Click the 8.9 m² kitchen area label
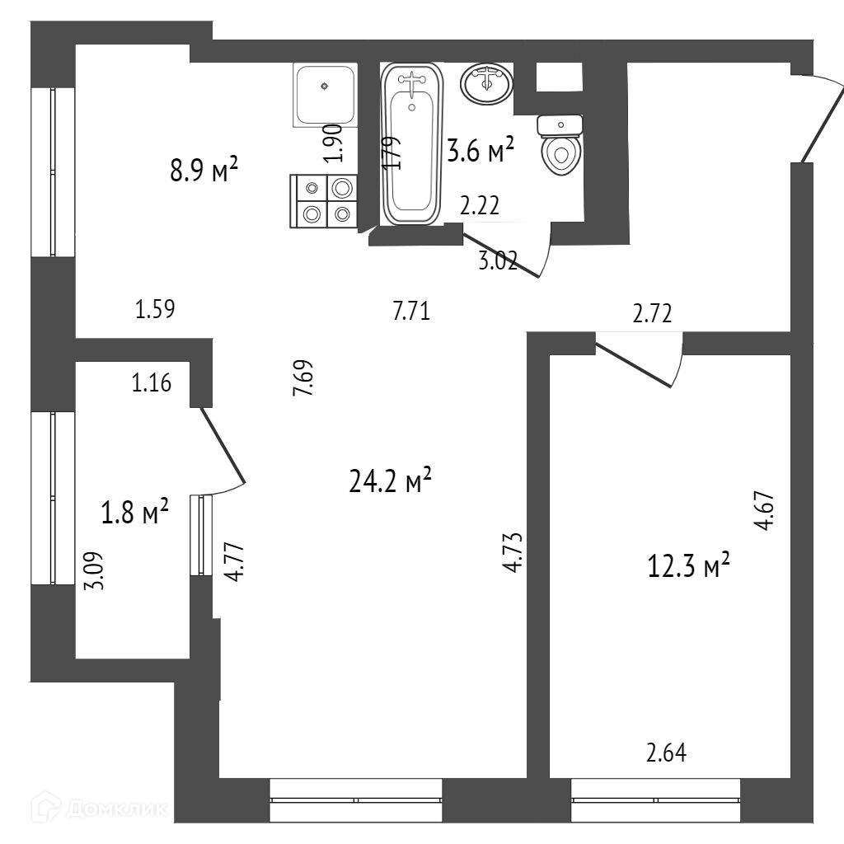click(x=203, y=171)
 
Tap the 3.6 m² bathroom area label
click(x=481, y=151)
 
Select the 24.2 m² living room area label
click(x=392, y=481)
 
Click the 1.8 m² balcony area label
click(x=134, y=512)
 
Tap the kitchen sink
click(x=326, y=96)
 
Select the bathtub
click(x=412, y=144)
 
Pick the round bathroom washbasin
click(x=487, y=82)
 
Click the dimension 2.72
click(x=653, y=313)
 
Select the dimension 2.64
click(x=666, y=753)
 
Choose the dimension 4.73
click(x=513, y=551)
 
